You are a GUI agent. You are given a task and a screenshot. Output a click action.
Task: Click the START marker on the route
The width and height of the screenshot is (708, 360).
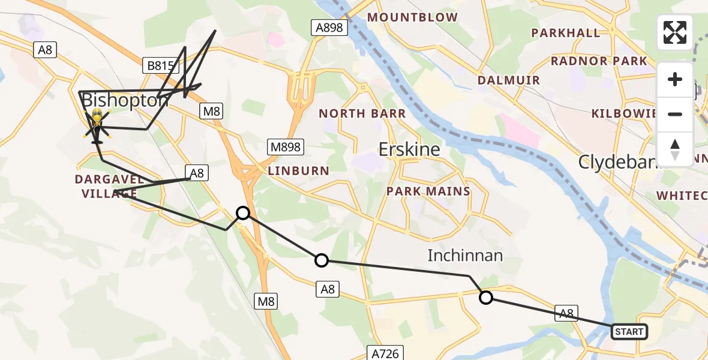[x=629, y=331]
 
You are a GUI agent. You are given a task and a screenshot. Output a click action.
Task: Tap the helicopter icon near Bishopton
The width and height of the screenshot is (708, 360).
[x=97, y=125]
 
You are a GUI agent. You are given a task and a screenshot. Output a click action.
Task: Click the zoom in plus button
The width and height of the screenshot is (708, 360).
[x=675, y=80]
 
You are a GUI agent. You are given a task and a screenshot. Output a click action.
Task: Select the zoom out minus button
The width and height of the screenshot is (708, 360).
[x=675, y=114]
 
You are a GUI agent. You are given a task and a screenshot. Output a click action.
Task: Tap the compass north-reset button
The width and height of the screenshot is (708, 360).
[x=675, y=149]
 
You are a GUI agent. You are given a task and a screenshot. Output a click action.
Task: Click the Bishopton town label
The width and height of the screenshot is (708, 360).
[x=125, y=101]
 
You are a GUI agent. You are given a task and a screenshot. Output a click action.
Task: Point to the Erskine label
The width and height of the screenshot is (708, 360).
[x=410, y=149]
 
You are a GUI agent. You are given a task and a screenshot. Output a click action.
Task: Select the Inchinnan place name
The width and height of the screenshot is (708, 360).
[x=464, y=256]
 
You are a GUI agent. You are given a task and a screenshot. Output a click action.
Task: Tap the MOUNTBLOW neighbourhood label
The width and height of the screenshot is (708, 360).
[x=412, y=17]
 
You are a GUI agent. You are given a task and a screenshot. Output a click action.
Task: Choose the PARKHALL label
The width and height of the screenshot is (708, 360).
[x=566, y=33]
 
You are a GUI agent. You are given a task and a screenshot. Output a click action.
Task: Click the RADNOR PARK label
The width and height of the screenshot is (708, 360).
[x=599, y=61]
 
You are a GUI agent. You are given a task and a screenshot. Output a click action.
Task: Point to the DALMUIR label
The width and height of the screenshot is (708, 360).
[x=508, y=80]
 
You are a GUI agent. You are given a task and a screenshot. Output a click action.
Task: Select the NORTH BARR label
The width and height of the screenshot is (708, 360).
[x=362, y=113]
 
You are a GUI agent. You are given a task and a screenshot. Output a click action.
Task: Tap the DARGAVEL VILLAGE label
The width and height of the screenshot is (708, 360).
[x=109, y=186]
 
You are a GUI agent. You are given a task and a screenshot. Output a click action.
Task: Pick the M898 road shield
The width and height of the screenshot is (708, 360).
[x=285, y=147]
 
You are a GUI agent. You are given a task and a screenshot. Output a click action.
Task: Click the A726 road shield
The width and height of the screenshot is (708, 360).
[x=384, y=353]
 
